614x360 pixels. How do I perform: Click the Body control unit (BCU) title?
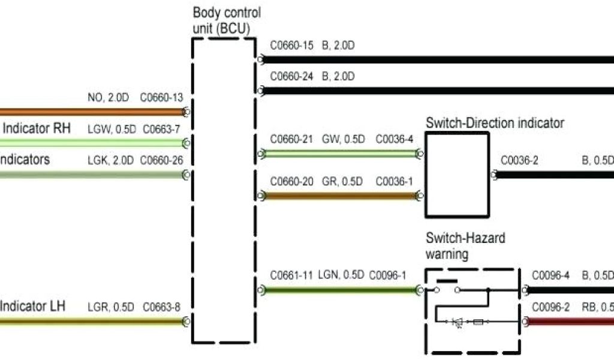227,20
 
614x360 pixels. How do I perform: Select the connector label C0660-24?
291,77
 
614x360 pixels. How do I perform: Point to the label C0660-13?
161,98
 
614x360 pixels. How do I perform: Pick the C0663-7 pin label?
160,128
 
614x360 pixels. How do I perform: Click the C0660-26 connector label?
161,160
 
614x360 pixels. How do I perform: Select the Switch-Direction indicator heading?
495,123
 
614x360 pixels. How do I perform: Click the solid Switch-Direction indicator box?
456,175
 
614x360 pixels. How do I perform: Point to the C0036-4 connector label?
394,140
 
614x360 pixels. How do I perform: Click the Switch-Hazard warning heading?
465,245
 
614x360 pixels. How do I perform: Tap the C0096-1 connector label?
387,275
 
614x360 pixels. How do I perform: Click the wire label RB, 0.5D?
597,307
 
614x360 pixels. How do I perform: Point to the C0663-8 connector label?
161,307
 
